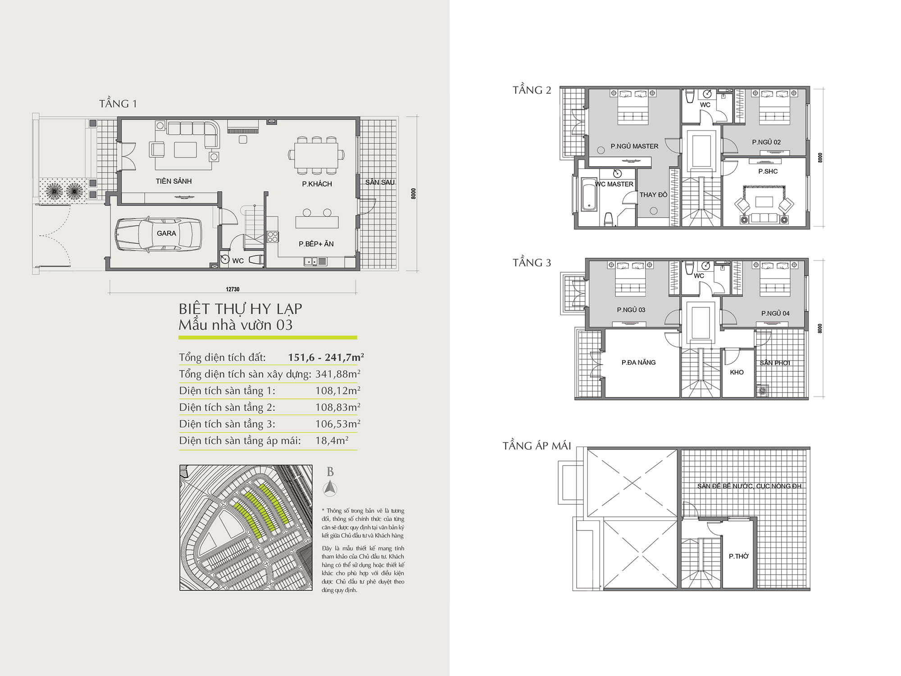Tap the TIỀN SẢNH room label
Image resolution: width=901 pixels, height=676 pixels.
pyautogui.click(x=173, y=181)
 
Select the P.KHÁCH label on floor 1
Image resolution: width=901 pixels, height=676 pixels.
pyautogui.click(x=317, y=184)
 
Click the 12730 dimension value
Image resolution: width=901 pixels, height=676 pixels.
pyautogui.click(x=232, y=289)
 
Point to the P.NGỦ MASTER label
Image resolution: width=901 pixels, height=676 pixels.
pyautogui.click(x=634, y=146)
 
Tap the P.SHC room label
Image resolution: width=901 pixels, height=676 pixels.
pyautogui.click(x=768, y=171)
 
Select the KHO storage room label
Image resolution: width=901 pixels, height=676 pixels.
pyautogui.click(x=737, y=372)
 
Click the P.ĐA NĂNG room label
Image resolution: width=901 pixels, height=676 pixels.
pyautogui.click(x=638, y=362)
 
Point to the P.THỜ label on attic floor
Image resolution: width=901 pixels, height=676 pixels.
pyautogui.click(x=738, y=556)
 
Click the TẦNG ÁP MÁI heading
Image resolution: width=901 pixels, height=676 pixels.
pyautogui.click(x=537, y=446)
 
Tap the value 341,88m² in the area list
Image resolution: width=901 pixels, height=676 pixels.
pyautogui.click(x=338, y=374)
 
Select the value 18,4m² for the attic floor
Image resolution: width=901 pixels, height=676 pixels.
pyautogui.click(x=332, y=440)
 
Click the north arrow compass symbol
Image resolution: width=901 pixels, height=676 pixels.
pyautogui.click(x=330, y=488)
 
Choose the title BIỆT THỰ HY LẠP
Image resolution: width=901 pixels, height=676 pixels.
pyautogui.click(x=240, y=309)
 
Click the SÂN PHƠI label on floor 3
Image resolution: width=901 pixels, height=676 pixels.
pyautogui.click(x=775, y=363)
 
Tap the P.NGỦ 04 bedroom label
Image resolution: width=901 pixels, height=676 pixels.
pyautogui.click(x=775, y=313)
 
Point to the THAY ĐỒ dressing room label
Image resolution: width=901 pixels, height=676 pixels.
pyautogui.click(x=653, y=195)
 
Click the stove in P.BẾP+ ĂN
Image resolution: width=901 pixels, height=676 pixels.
pyautogui.click(x=273, y=236)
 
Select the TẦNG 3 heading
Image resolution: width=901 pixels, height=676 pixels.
pyautogui.click(x=532, y=263)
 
